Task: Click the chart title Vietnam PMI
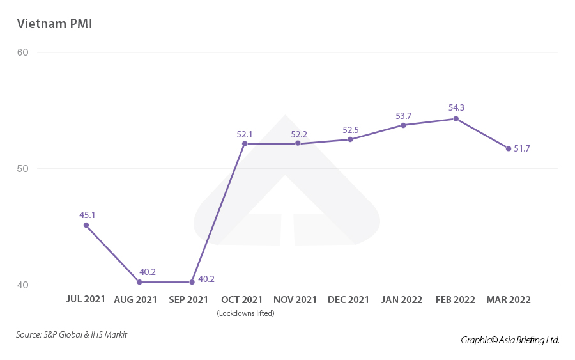pos(56,24)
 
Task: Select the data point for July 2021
pos(86,225)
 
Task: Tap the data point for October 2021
pos(245,144)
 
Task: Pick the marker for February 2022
pos(456,118)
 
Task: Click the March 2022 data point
pos(509,148)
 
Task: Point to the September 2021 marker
pos(192,282)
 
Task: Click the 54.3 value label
pos(456,107)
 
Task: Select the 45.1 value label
pos(88,215)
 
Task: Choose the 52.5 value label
pos(351,130)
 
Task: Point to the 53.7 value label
pos(404,116)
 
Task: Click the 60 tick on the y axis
pos(22,52)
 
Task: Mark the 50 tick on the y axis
pos(22,169)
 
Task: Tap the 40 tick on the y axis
pos(22,285)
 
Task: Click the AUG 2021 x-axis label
pos(135,300)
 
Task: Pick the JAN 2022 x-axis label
pos(402,300)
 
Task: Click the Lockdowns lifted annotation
pos(245,313)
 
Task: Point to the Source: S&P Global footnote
pos(72,334)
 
